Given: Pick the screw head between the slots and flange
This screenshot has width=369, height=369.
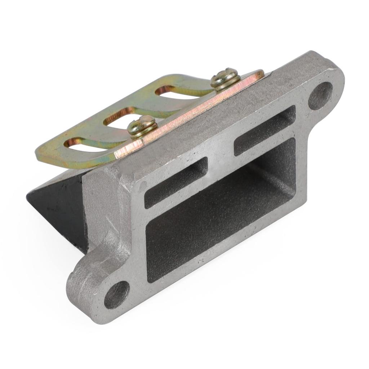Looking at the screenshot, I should tap(143, 126).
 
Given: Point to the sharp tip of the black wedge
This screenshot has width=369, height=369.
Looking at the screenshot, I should tap(28, 197).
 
